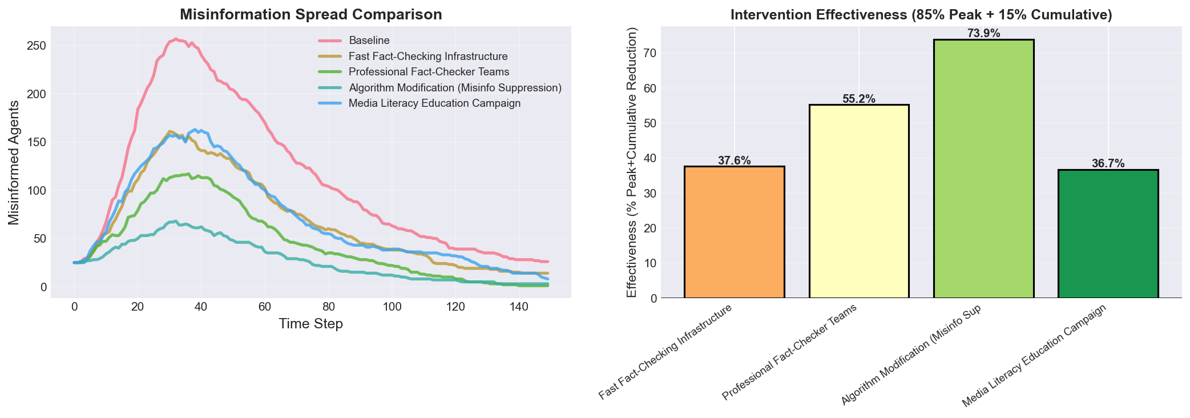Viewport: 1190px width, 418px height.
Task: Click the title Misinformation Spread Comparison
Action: pyautogui.click(x=310, y=15)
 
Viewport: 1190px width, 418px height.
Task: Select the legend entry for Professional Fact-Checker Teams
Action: pyautogui.click(x=429, y=72)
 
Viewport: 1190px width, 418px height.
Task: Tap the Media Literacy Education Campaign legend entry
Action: pyautogui.click(x=434, y=103)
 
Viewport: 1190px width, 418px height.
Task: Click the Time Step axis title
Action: pyautogui.click(x=310, y=324)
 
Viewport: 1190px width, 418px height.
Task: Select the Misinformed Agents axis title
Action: pyautogui.click(x=14, y=163)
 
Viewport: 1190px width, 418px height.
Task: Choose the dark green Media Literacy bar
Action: pyautogui.click(x=1108, y=234)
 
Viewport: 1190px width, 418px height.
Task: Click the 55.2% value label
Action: pyautogui.click(x=858, y=99)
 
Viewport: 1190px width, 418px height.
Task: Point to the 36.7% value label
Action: pyautogui.click(x=1108, y=164)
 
